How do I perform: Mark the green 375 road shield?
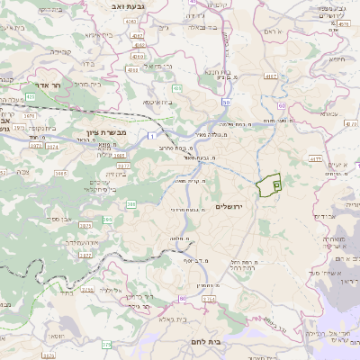point(106,344)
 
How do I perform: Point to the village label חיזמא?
point(337,59)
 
